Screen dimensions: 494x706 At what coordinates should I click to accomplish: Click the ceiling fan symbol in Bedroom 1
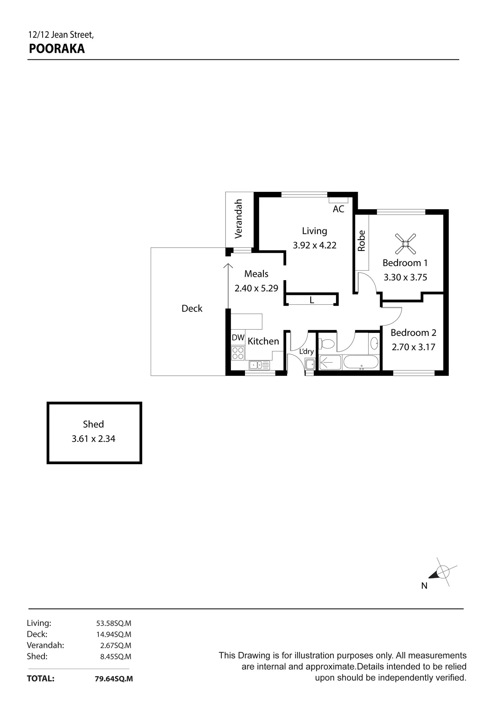[405, 244]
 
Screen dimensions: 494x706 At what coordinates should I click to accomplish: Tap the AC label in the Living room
[339, 209]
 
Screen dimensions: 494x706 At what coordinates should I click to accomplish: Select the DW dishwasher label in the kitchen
[238, 338]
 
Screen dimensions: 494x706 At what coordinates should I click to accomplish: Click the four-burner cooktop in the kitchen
[238, 353]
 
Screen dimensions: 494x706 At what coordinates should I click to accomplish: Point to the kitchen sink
[259, 364]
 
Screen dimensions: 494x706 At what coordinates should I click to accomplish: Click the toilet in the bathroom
[327, 344]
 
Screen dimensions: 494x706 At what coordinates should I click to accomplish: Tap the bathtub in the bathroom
[361, 363]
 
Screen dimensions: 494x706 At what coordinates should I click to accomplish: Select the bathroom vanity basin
[375, 343]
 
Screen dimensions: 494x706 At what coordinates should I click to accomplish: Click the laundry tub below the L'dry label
[310, 364]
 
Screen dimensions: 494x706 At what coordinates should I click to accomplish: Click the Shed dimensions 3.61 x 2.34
[93, 439]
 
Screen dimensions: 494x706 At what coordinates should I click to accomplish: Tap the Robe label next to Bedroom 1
[361, 240]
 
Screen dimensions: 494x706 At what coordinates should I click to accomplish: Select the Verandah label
[238, 219]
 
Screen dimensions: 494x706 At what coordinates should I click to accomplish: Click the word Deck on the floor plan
[192, 308]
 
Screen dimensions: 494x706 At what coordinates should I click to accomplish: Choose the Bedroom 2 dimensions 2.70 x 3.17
[413, 347]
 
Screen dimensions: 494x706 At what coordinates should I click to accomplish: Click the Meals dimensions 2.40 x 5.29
[256, 288]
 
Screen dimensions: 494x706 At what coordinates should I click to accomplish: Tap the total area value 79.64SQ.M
[114, 679]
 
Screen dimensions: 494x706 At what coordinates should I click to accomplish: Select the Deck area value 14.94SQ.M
[114, 634]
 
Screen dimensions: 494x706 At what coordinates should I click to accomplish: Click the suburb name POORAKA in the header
[57, 49]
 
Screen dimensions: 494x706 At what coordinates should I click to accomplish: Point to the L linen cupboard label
[312, 300]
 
